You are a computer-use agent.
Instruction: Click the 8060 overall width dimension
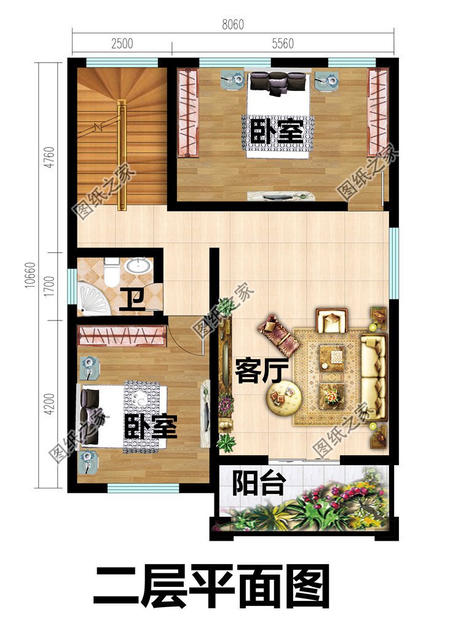coord(233,25)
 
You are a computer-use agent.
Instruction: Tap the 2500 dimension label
coord(122,43)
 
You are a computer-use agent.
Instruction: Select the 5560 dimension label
coord(282,43)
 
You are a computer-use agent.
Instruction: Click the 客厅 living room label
coord(253,371)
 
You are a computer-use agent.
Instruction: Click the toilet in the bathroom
coord(111,271)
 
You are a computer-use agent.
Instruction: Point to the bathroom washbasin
coord(139,266)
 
